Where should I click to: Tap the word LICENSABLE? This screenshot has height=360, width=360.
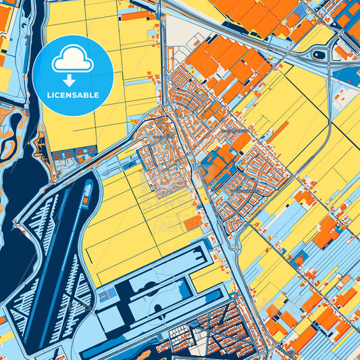coord(72,95)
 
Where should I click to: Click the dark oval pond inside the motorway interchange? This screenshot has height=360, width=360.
coord(319,53)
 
